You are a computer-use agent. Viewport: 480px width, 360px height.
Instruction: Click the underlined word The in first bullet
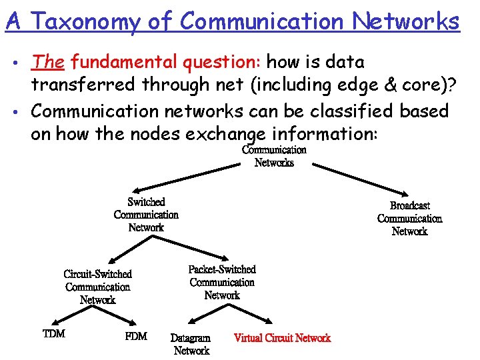tap(47, 62)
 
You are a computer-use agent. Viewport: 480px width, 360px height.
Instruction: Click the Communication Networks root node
tap(274, 157)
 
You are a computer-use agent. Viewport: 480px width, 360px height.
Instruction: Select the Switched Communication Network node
tap(146, 215)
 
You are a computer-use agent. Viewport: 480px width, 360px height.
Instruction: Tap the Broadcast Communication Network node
tap(409, 219)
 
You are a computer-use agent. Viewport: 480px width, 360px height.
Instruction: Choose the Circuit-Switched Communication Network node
tap(98, 287)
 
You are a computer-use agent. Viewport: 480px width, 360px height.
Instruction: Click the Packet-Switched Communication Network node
tap(222, 282)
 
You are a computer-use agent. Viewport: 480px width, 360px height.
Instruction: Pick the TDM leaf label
tap(54, 333)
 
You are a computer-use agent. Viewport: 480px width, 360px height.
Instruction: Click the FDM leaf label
tap(136, 336)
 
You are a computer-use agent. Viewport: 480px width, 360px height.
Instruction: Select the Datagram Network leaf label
tap(191, 344)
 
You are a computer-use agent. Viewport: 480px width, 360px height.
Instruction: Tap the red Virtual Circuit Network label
tap(282, 338)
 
